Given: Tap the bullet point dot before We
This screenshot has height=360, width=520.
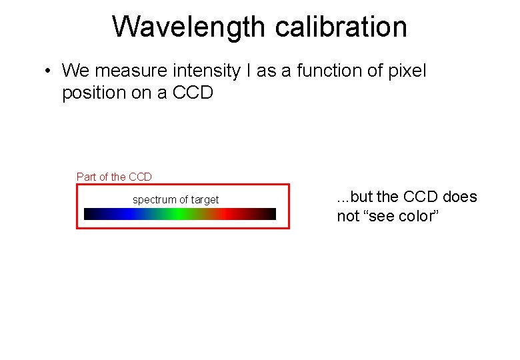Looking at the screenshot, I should [x=49, y=71].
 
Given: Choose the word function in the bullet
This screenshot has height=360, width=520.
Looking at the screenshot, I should [x=319, y=70].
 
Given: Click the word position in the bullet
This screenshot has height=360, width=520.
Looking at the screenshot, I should [x=94, y=93].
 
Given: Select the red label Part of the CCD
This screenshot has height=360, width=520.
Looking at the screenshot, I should [x=114, y=177].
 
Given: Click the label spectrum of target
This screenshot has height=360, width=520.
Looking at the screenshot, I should [x=175, y=199].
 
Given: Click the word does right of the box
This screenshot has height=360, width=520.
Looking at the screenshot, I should [x=460, y=197].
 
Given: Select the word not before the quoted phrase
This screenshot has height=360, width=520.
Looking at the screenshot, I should [x=348, y=216].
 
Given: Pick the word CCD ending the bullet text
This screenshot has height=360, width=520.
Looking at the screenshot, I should [x=193, y=93].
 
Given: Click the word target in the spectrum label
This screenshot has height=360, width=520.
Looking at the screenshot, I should [x=203, y=199].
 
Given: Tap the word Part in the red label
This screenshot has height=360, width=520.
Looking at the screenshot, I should [x=87, y=177].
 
